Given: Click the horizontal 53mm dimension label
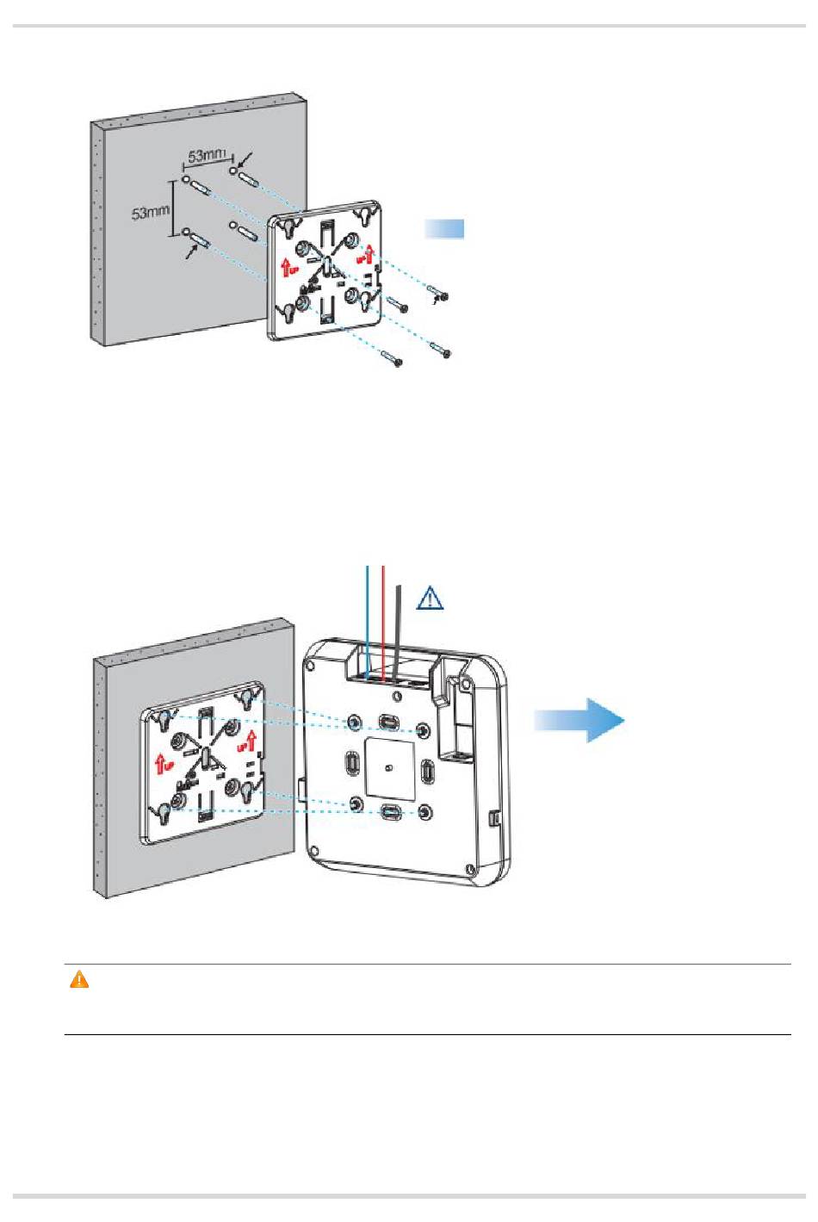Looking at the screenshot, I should click(206, 155).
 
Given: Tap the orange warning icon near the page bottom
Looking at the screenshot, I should click(79, 980).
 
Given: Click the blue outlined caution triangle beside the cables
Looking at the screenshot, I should click(430, 598).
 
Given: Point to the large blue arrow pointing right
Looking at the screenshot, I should click(579, 719).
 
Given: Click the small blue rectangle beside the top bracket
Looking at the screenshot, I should click(444, 228).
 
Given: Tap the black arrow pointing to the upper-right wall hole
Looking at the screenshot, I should click(246, 158).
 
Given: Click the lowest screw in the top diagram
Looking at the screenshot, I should click(394, 361).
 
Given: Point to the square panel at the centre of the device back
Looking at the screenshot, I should click(389, 765).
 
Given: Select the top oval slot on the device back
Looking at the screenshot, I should click(389, 720).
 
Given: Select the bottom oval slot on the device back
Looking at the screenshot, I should click(390, 811).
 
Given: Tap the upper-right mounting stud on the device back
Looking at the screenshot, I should click(424, 730).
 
